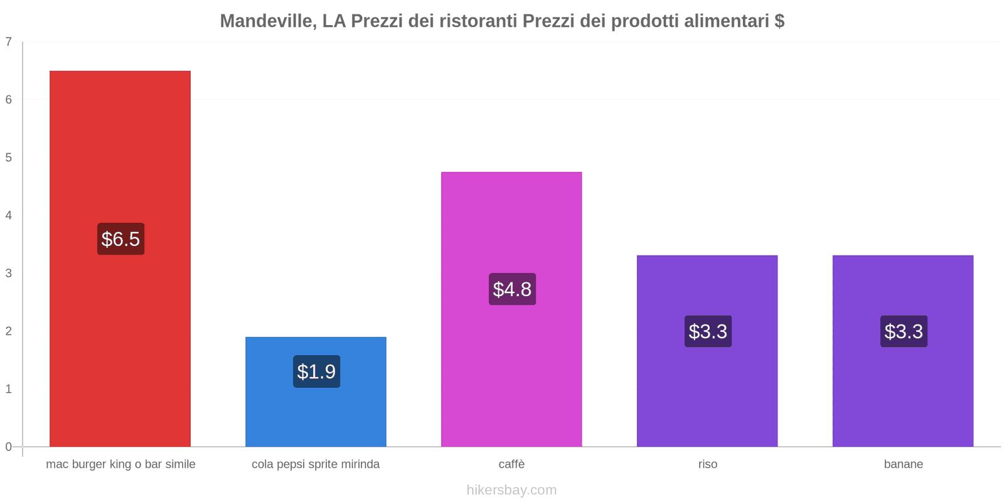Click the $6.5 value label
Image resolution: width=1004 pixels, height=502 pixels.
pos(120,239)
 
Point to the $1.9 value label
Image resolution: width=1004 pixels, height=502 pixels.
pos(316,371)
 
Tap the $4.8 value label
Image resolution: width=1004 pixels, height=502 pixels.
pos(512,289)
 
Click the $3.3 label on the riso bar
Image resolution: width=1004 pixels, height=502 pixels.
pos(708,331)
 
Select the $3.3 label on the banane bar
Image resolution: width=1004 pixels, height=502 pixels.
pos(904,331)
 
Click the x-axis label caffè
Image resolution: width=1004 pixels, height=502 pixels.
pos(511,464)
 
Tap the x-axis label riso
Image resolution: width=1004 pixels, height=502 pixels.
pos(708,464)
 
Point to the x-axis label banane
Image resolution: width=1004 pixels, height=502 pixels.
pos(903,464)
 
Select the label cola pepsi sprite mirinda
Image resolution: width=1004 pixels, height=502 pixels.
pos(316,464)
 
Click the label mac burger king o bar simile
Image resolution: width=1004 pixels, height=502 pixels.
pos(120,464)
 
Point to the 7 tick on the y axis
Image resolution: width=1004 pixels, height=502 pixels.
pos(9,42)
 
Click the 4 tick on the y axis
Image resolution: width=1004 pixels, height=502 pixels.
pos(9,216)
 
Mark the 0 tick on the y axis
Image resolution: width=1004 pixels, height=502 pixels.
pos(9,447)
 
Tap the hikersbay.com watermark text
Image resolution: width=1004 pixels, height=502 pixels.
pos(511,490)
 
